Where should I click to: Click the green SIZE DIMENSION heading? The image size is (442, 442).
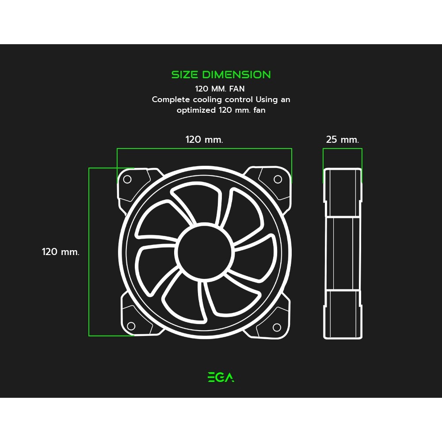(221, 75)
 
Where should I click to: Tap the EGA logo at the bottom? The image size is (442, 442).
(221, 377)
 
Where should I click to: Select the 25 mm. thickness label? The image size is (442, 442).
(343, 140)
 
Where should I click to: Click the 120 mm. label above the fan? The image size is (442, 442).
(204, 140)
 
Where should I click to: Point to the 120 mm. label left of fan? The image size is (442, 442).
(61, 252)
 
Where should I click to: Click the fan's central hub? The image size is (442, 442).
(204, 252)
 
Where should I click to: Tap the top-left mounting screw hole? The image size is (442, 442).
(127, 179)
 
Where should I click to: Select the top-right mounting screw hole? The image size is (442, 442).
(278, 179)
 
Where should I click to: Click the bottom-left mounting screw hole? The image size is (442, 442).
(131, 326)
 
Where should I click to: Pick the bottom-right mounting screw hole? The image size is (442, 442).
(277, 328)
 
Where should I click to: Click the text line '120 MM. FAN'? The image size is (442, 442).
(220, 89)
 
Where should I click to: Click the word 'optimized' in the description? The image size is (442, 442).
(196, 110)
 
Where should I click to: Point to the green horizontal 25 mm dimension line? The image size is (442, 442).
(343, 149)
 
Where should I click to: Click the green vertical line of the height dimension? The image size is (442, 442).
(89, 252)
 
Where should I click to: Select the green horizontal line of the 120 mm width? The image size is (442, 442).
(204, 149)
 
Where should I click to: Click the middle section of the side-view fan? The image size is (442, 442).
(343, 253)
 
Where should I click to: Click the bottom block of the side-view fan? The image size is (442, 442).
(343, 314)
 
